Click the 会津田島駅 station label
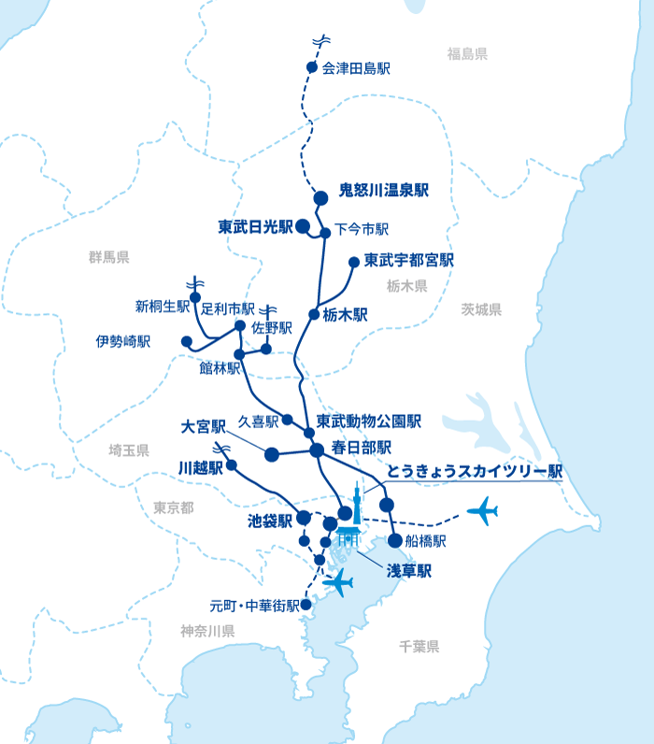pos(356,68)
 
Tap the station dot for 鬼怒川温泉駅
pos(320,197)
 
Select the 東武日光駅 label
pos(255,226)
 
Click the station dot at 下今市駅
pos(325,233)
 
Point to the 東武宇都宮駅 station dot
pos(353,263)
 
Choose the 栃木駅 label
pos(345,315)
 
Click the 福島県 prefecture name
pos(467,54)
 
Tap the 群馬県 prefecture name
pos(109,257)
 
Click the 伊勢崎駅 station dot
pos(187,342)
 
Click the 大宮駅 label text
pos(204,427)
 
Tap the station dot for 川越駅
pos(232,465)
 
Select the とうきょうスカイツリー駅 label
pos(475,472)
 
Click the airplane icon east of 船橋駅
pos(482,510)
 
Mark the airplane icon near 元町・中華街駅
pos(337,582)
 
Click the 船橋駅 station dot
pos(394,540)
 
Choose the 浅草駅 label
pos(409,570)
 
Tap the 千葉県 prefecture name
pos(419,647)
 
